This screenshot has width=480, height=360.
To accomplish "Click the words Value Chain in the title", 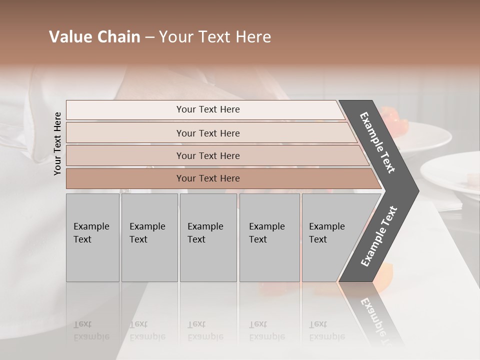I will coord(94,37).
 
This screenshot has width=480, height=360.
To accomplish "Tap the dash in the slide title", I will coord(149,37).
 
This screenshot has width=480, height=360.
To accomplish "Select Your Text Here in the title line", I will coord(215,37).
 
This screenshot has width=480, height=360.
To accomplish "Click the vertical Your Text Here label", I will coord(57,143).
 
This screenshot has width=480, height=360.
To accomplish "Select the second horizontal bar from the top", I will coord(208,133).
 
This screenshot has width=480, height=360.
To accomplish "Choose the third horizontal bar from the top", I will coord(208,155).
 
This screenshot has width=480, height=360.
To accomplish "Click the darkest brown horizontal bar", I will coord(208,178).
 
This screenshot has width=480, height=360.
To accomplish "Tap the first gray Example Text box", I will coord(92,237).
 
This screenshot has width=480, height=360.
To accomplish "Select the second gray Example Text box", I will coord(149,237).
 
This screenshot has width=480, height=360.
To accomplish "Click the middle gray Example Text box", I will coord(208,237).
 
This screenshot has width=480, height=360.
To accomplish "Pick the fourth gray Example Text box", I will coord(269,237).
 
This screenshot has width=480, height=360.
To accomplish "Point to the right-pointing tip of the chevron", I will coord(417,190).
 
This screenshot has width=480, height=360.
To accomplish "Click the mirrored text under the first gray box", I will coord(91,330).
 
